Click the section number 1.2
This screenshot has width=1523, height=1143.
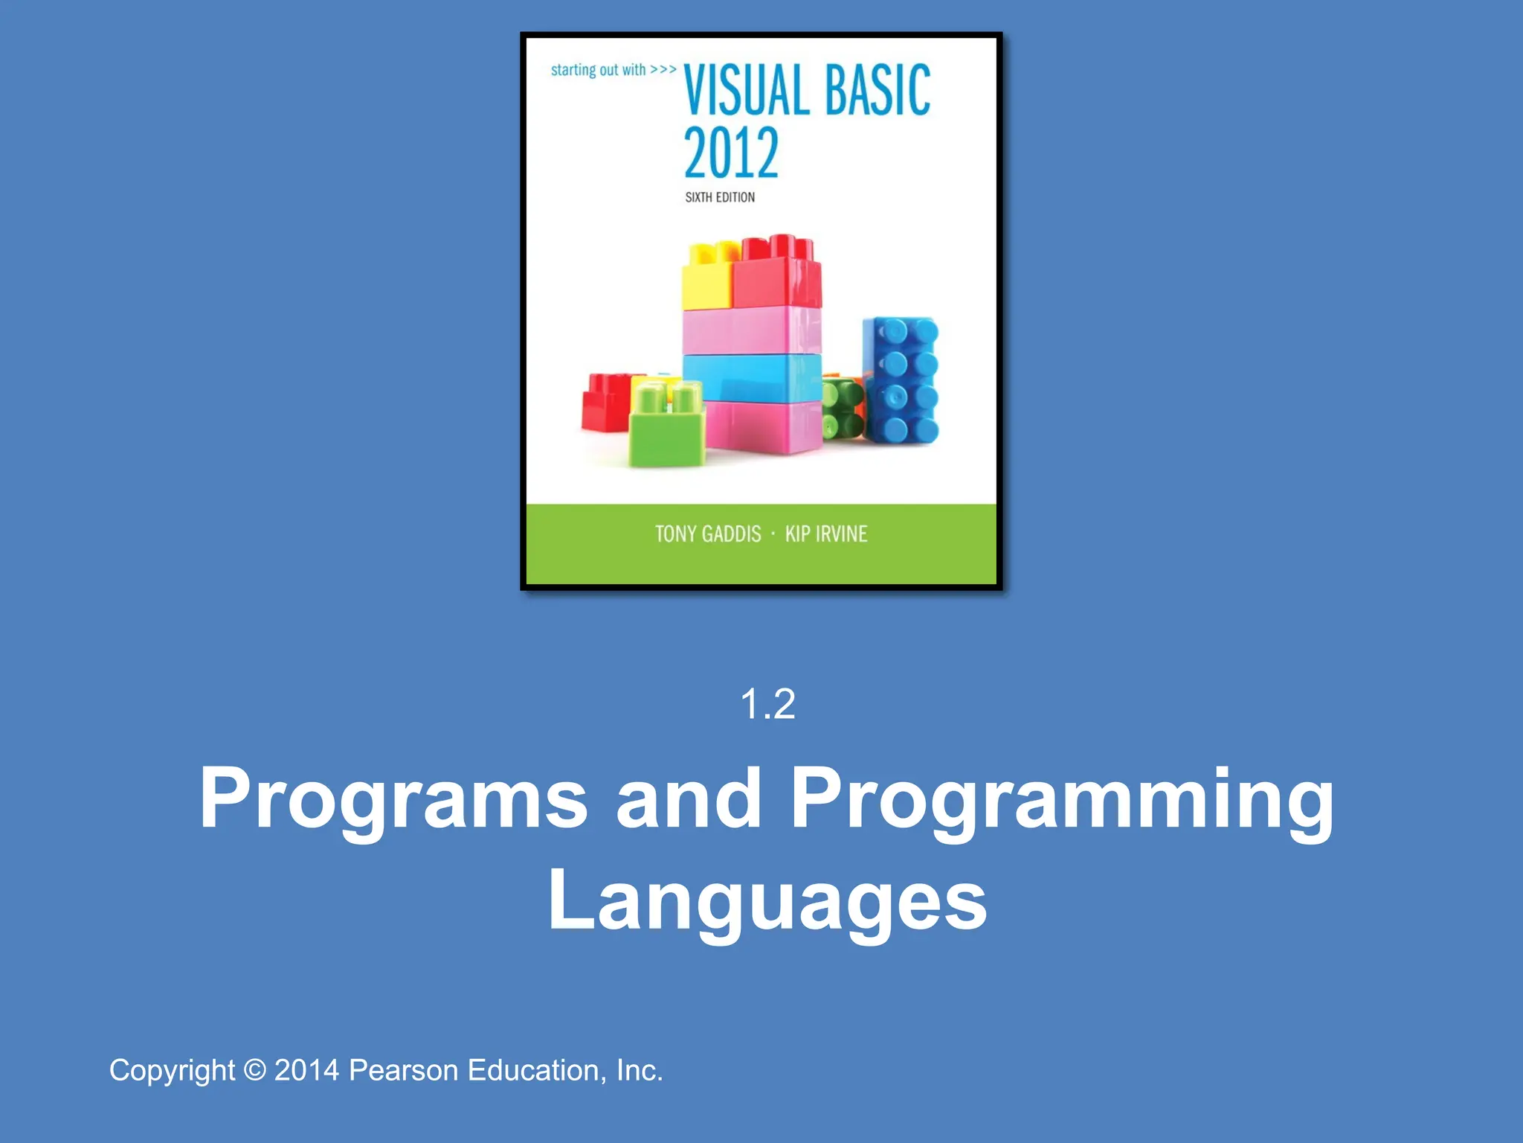(x=767, y=704)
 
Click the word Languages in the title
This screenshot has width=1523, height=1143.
(x=767, y=903)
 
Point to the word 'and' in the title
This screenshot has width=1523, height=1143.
(x=689, y=798)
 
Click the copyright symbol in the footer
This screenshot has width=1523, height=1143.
(x=254, y=1070)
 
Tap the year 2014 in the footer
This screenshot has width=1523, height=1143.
(x=306, y=1070)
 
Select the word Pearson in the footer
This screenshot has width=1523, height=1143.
(x=403, y=1070)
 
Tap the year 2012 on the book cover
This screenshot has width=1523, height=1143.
(x=731, y=153)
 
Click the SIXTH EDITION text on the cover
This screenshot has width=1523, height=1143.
(x=720, y=197)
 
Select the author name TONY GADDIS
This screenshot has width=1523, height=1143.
(x=708, y=534)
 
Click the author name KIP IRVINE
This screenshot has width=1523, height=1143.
(x=826, y=534)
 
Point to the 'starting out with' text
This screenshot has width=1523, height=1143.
(x=598, y=70)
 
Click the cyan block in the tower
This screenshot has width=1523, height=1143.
(x=752, y=378)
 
